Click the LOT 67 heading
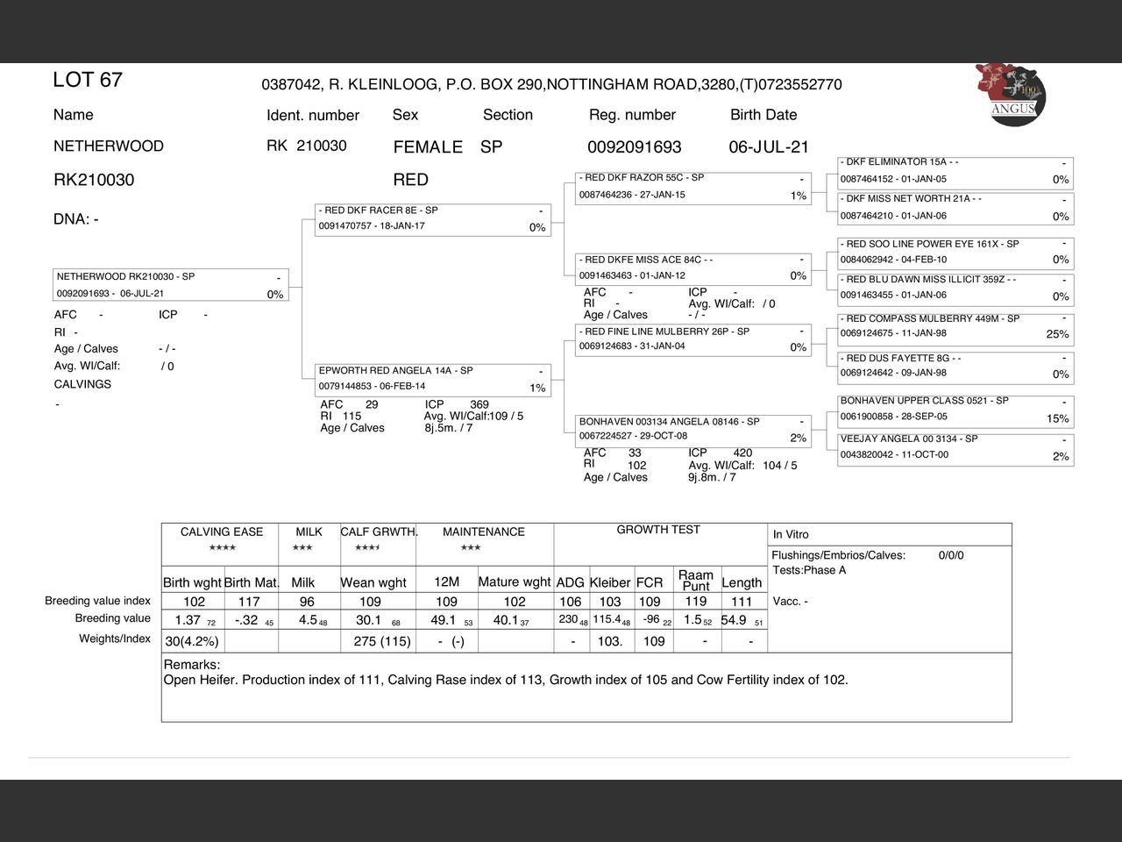pyautogui.click(x=88, y=80)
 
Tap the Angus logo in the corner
pyautogui.click(x=1011, y=94)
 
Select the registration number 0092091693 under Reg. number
pyautogui.click(x=634, y=146)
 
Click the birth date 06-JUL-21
pyautogui.click(x=768, y=146)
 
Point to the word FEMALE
pyautogui.click(x=428, y=146)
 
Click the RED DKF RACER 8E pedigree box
pyautogui.click(x=433, y=219)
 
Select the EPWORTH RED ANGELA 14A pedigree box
pyautogui.click(x=433, y=379)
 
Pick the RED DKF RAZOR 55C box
pyautogui.click(x=692, y=186)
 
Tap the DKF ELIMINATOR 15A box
pyautogui.click(x=955, y=171)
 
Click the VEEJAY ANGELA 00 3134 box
pyautogui.click(x=955, y=447)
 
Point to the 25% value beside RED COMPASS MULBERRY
pyautogui.click(x=1057, y=334)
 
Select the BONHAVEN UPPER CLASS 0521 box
pyautogui.click(x=955, y=410)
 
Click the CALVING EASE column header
pyautogui.click(x=221, y=532)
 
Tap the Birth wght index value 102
pyautogui.click(x=194, y=602)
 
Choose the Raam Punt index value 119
pyautogui.click(x=695, y=602)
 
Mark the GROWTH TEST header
pyautogui.click(x=658, y=530)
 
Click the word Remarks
pyautogui.click(x=192, y=665)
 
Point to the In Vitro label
pyautogui.click(x=791, y=534)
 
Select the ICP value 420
pyautogui.click(x=742, y=453)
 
